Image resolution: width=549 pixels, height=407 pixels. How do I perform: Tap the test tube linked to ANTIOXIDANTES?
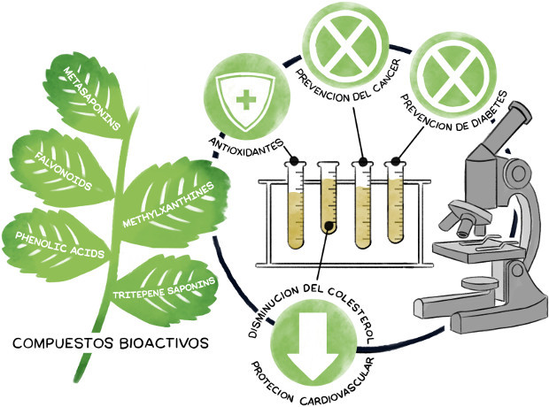pos(297,203)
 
